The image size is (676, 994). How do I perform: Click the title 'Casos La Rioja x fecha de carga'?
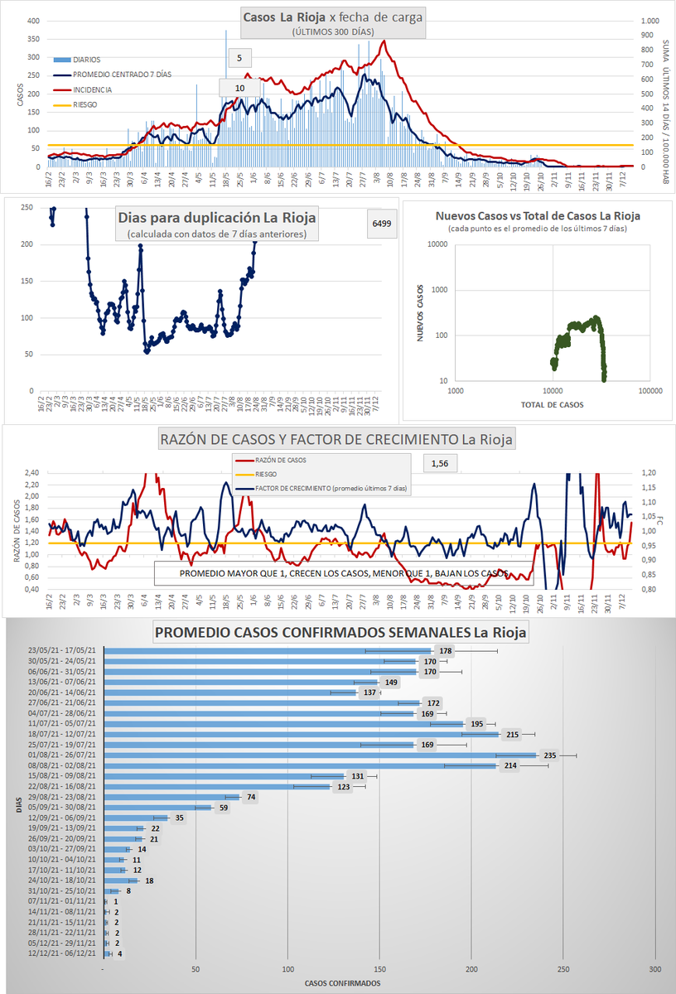333,17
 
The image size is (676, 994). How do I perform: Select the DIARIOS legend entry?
87,60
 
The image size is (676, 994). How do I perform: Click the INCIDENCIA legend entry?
92,89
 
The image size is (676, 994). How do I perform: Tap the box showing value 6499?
381,224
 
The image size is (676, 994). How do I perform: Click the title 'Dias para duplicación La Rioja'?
217,218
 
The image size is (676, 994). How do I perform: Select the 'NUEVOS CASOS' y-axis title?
420,312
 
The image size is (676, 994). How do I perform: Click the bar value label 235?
549,755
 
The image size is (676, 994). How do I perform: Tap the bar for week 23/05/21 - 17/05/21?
268,651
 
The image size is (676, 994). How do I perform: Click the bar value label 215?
512,734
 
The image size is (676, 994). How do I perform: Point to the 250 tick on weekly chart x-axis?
563,970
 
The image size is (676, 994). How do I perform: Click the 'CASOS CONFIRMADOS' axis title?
343,983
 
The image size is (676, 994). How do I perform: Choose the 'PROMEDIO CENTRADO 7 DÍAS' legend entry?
122,75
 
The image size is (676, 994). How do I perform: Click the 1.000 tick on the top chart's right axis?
650,21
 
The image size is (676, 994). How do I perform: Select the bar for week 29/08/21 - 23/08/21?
171,797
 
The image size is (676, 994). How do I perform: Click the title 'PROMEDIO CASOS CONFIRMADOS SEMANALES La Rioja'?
341,634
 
